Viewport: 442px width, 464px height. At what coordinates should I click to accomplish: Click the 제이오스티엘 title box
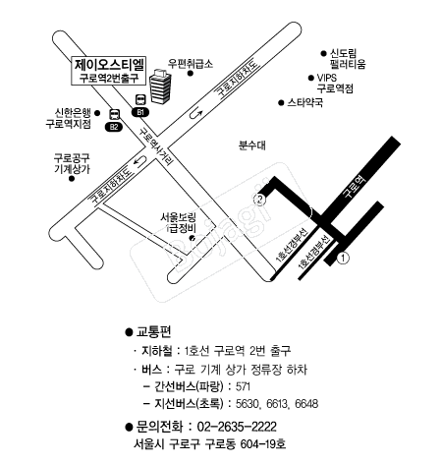pyautogui.click(x=109, y=71)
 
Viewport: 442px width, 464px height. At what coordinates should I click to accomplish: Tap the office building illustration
pyautogui.click(x=160, y=87)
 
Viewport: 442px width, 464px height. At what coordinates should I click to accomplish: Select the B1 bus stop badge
pyautogui.click(x=140, y=112)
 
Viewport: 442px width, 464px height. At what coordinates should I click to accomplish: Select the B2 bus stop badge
pyautogui.click(x=114, y=127)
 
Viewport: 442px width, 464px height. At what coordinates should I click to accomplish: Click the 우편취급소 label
pyautogui.click(x=191, y=63)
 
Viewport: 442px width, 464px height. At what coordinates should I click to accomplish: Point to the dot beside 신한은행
pyautogui.click(x=97, y=113)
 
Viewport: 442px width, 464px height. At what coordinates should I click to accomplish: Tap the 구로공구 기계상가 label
pyautogui.click(x=72, y=163)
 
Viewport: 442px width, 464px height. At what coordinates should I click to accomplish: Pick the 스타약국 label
pyautogui.click(x=305, y=102)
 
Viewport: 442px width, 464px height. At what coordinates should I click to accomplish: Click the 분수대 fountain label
pyautogui.click(x=252, y=145)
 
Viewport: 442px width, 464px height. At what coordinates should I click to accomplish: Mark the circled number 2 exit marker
pyautogui.click(x=259, y=200)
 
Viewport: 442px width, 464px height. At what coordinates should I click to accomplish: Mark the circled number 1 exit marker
pyautogui.click(x=343, y=259)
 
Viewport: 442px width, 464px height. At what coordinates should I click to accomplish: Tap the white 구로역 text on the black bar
pyautogui.click(x=354, y=186)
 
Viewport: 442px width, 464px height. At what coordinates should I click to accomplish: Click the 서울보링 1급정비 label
pyautogui.click(x=178, y=223)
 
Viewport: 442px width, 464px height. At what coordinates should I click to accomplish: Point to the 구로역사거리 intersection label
pyautogui.click(x=156, y=146)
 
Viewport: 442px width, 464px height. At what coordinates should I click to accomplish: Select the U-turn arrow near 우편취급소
pyautogui.click(x=195, y=113)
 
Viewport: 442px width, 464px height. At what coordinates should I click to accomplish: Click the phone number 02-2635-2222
pyautogui.click(x=237, y=427)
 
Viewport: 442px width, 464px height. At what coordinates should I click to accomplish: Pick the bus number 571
pyautogui.click(x=243, y=386)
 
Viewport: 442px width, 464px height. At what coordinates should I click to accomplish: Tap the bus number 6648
pyautogui.click(x=306, y=404)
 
